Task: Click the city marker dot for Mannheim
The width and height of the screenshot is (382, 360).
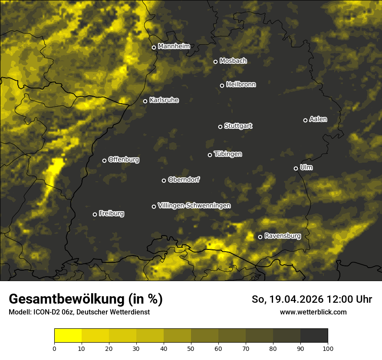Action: [154, 48]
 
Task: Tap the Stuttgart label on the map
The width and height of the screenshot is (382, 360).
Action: [238, 126]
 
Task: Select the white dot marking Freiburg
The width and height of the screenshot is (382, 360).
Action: [95, 214]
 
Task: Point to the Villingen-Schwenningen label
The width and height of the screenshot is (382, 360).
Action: [194, 205]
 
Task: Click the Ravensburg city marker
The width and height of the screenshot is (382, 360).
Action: [260, 237]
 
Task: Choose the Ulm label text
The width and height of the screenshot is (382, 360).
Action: [306, 167]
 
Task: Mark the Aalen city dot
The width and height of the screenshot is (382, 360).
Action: [305, 120]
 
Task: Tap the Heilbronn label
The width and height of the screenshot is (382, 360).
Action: [241, 85]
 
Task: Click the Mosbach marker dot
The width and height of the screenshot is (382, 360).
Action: [215, 62]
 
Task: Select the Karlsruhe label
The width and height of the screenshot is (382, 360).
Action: [164, 100]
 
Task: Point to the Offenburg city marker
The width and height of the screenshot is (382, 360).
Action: [104, 160]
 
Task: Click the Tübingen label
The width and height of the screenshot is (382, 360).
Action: [228, 154]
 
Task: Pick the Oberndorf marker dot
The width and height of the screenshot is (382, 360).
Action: [164, 180]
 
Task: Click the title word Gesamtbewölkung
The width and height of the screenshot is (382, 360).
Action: [66, 299]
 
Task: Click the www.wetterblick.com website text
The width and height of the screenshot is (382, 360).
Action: [313, 312]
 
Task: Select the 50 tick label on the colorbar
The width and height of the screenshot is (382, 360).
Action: [191, 348]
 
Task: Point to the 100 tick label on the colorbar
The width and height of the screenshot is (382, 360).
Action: [328, 348]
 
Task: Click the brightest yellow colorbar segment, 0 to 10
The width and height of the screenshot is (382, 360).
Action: [68, 336]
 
